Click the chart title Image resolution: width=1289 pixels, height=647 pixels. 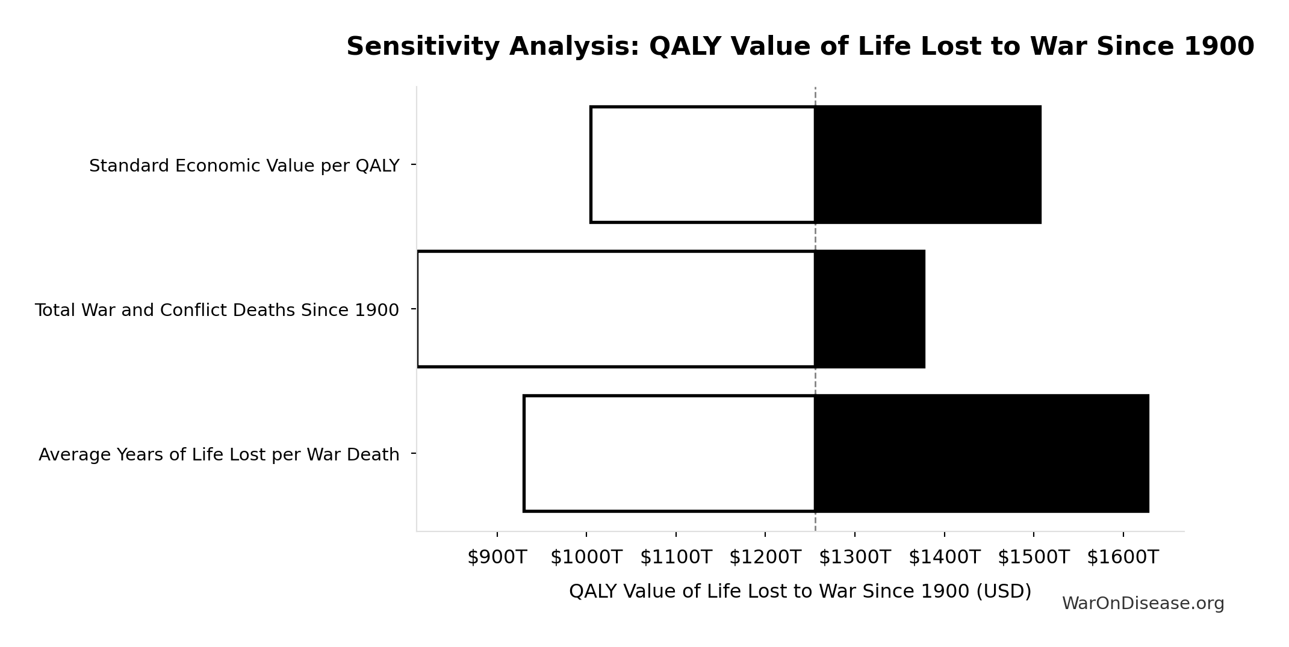800,46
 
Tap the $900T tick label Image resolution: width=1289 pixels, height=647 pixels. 497,557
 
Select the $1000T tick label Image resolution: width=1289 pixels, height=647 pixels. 586,557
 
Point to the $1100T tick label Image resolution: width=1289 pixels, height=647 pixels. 676,557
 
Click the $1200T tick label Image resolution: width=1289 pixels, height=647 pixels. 765,557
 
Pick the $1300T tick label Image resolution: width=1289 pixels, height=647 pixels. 854,557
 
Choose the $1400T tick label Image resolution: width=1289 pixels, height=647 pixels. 944,557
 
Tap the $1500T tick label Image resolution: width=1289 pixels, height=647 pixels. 1033,557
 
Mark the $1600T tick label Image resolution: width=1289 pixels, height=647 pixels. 1122,557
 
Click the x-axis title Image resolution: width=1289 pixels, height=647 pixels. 800,591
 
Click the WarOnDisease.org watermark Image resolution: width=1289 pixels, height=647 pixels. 1143,604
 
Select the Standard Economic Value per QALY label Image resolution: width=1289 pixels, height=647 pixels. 244,166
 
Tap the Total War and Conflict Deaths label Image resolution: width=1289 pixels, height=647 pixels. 217,310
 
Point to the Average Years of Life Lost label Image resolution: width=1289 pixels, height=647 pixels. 219,454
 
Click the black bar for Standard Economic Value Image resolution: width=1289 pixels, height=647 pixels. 928,164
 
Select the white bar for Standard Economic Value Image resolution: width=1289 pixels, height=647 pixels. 703,164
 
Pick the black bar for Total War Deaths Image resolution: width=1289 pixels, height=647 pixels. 870,309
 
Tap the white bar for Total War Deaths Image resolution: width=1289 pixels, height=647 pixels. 616,309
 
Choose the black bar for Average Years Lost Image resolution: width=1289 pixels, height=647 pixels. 982,453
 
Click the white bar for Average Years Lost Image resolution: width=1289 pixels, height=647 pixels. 669,453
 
